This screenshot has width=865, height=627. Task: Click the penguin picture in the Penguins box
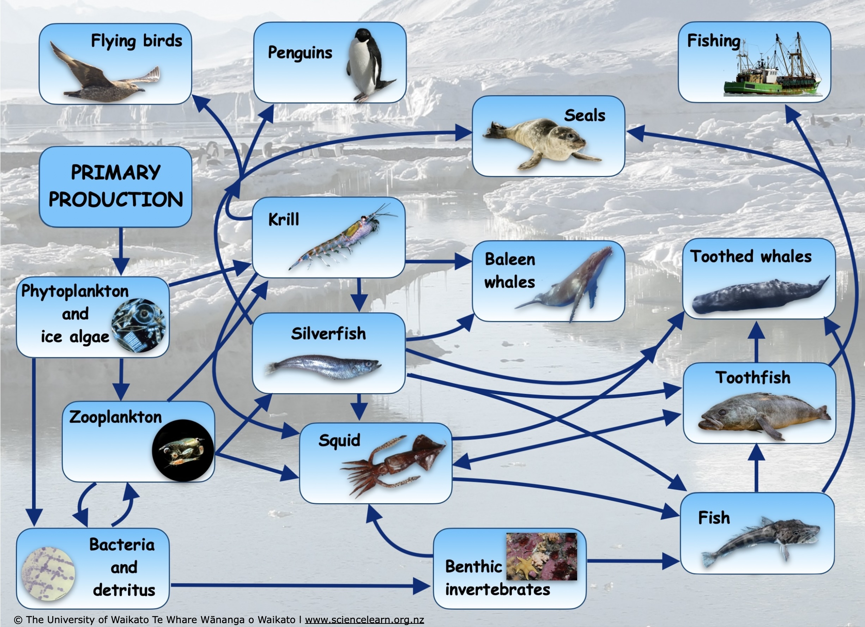coord(370,65)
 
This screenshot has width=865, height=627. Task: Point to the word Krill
coord(284,220)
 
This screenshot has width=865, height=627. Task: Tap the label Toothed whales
coord(751,256)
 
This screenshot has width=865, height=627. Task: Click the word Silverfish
coord(328,334)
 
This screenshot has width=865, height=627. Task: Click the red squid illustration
coord(393,465)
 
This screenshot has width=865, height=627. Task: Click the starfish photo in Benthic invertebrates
coord(542,556)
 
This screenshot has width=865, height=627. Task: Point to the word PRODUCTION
coord(116,199)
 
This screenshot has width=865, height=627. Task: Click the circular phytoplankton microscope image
coord(138,325)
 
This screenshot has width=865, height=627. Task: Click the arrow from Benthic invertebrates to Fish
coord(633,561)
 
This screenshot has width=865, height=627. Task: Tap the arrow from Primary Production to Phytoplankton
coord(121,251)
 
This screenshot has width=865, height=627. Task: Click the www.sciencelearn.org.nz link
coord(364,620)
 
